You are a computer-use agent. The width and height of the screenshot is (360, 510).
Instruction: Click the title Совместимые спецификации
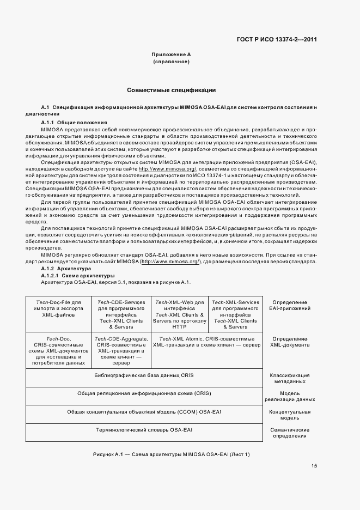(172, 89)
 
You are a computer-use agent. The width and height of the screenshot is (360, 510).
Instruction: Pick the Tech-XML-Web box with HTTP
(179, 314)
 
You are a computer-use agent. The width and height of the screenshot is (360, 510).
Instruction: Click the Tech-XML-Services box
(235, 314)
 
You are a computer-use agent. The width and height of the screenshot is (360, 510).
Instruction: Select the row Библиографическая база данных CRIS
(144, 375)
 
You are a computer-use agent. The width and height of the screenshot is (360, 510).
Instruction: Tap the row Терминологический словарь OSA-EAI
(144, 430)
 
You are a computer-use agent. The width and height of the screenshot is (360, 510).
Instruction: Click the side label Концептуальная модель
(294, 416)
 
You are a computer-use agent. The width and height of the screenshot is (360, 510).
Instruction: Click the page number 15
(314, 465)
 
